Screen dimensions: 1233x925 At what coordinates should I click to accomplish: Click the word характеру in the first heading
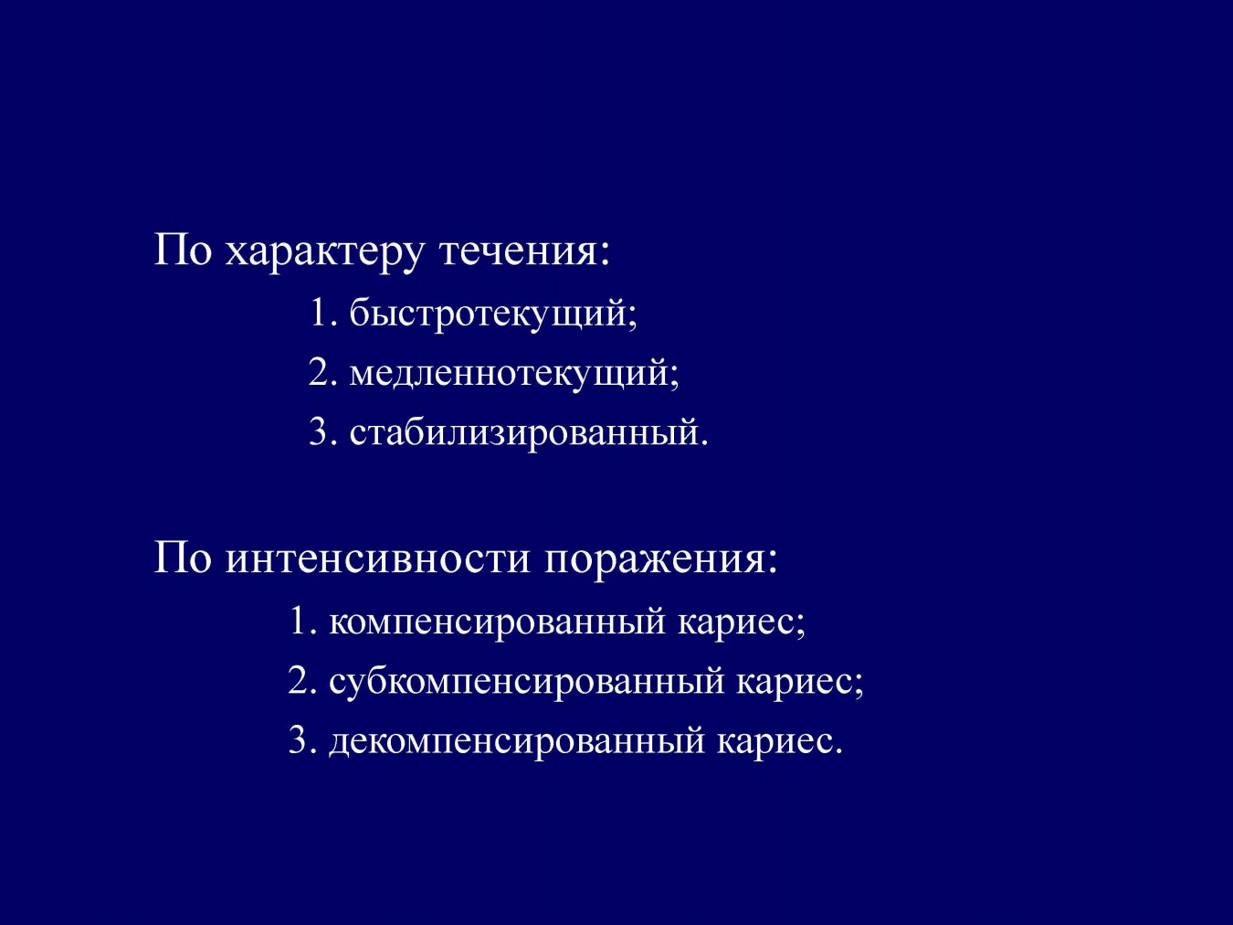(323, 253)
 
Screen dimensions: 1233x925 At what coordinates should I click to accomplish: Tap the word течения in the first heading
(519, 250)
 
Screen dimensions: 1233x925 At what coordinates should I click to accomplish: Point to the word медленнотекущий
(510, 374)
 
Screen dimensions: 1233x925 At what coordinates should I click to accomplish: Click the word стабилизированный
(523, 432)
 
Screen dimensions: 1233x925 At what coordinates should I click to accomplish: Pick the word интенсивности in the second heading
(377, 559)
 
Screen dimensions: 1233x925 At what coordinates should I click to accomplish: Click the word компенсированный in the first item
(497, 622)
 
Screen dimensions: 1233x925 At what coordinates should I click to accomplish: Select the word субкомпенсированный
(527, 682)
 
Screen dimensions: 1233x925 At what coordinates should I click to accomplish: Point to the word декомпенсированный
(517, 741)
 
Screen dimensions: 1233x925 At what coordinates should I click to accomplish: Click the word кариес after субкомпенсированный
(795, 683)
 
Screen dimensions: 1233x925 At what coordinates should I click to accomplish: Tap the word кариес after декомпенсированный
(775, 742)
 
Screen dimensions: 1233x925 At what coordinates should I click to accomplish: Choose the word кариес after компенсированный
(736, 623)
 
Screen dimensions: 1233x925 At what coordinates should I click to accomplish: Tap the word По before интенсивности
(184, 558)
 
